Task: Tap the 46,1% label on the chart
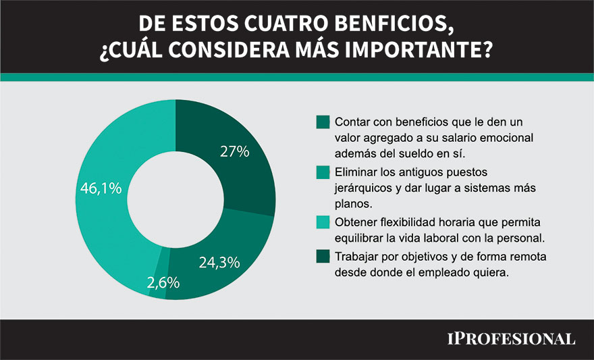click(x=101, y=188)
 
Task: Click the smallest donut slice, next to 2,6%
click(x=159, y=290)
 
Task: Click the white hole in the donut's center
click(x=175, y=199)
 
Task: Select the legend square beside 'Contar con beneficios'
click(x=323, y=122)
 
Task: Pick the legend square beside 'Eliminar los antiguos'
click(x=323, y=172)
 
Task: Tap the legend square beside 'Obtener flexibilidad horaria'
click(x=323, y=223)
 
